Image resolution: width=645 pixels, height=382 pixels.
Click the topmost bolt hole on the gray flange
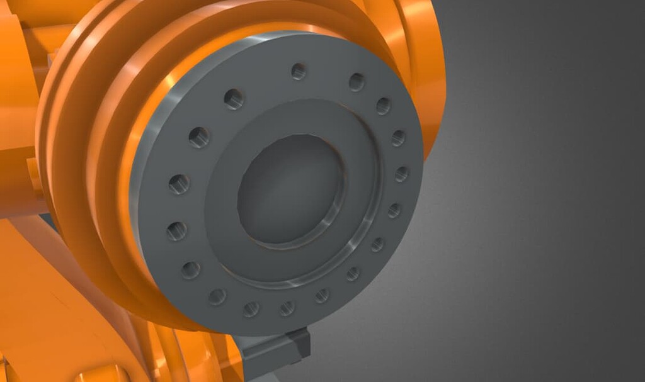click(x=299, y=71)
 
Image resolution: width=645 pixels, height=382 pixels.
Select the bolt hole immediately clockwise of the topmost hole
click(x=357, y=82)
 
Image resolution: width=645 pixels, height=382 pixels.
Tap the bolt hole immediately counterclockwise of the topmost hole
click(x=234, y=98)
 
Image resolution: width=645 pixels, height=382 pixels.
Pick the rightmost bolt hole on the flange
click(x=401, y=174)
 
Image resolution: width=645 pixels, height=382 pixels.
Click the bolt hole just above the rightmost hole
click(x=398, y=138)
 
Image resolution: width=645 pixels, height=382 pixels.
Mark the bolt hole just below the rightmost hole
click(x=394, y=210)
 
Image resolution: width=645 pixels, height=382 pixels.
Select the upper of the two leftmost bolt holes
click(x=179, y=184)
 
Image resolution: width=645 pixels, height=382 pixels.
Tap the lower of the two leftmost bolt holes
click(x=176, y=230)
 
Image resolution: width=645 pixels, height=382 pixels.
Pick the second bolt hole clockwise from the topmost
click(x=383, y=105)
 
